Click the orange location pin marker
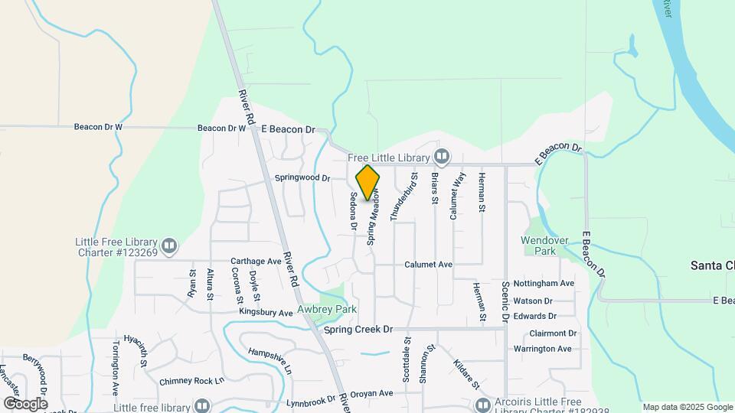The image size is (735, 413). (x=368, y=182)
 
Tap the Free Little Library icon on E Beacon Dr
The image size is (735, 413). (x=442, y=158)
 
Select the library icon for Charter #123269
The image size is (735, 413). (x=170, y=246)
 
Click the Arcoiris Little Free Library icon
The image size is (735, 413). (x=482, y=405)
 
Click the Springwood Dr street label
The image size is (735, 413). (x=302, y=178)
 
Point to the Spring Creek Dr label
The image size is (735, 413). (x=358, y=329)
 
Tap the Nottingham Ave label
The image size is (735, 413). (x=544, y=283)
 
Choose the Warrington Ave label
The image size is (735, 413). (x=542, y=349)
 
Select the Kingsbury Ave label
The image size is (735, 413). (x=266, y=313)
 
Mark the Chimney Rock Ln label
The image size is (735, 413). (x=191, y=381)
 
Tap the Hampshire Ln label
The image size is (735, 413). (x=269, y=360)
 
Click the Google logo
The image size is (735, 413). (x=25, y=403)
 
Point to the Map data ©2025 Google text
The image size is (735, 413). (x=688, y=407)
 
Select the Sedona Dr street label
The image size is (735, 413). (x=354, y=210)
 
